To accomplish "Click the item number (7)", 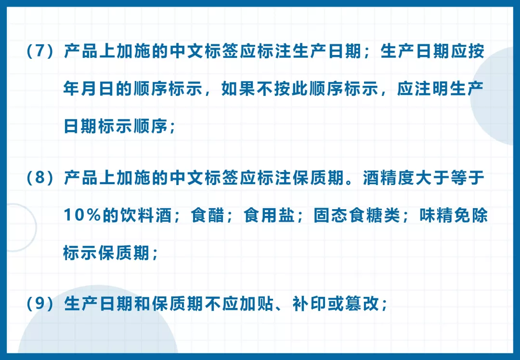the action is point(40,52).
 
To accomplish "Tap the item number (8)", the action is point(40,178).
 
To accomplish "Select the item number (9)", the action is point(40,304).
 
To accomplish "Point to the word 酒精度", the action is point(389,178).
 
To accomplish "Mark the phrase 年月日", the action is point(89,89).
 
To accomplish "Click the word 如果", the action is point(238,89).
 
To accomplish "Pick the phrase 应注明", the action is point(423,89).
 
